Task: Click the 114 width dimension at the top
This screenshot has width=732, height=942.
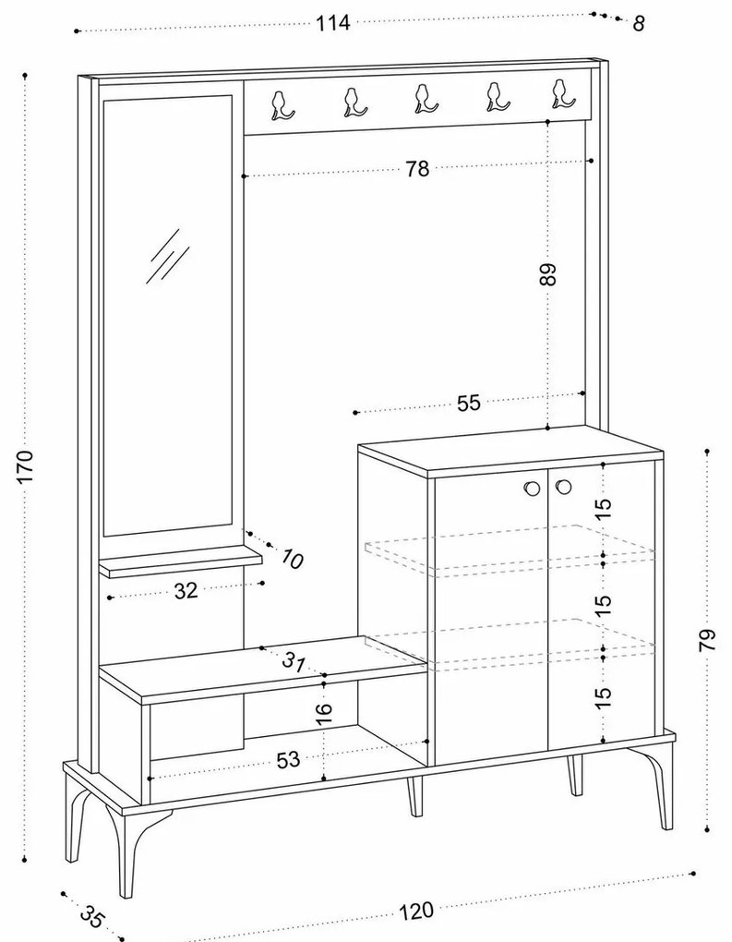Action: click(332, 24)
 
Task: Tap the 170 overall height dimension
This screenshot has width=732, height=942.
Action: click(26, 468)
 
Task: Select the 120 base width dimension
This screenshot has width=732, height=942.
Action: click(416, 910)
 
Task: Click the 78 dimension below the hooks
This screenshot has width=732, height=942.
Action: click(417, 169)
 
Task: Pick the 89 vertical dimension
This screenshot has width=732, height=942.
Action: click(549, 275)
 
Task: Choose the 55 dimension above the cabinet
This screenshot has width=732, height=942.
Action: click(469, 403)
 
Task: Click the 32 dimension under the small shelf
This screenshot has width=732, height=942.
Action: click(186, 591)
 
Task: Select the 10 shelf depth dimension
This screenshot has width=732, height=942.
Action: click(292, 558)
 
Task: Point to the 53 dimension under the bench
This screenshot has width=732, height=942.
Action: click(289, 759)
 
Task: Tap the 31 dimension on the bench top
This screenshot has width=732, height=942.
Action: click(294, 661)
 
